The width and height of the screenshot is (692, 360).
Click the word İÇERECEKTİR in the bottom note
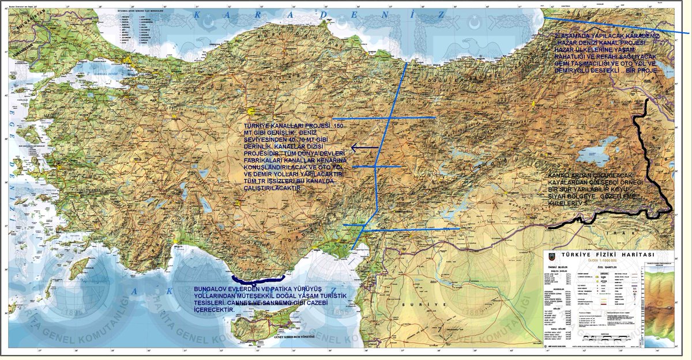coord(215,310)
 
